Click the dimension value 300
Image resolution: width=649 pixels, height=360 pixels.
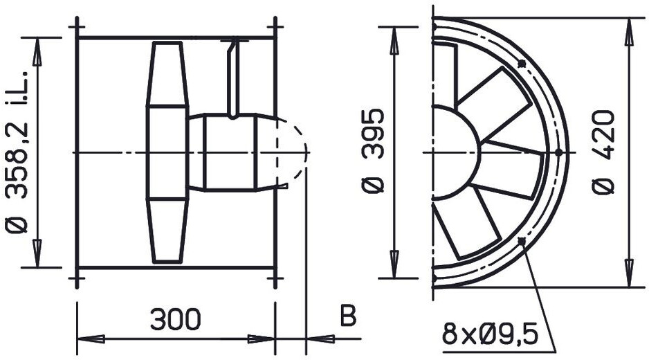pyautogui.click(x=176, y=319)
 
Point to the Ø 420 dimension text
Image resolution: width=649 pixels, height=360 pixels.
pyautogui.click(x=603, y=152)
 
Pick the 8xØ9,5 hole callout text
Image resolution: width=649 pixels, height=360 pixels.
pyautogui.click(x=490, y=334)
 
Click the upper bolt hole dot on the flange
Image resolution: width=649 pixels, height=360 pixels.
pyautogui.click(x=522, y=64)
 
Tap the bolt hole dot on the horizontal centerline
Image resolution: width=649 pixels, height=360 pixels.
pyautogui.click(x=558, y=152)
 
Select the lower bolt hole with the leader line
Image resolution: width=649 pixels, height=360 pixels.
pyautogui.click(x=522, y=241)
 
